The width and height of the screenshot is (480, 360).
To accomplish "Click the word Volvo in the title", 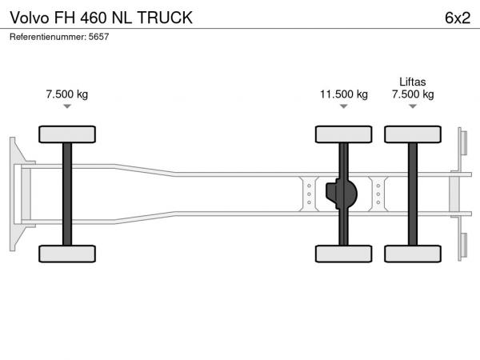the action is (x=30, y=18).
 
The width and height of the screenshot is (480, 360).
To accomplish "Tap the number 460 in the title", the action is (x=93, y=18).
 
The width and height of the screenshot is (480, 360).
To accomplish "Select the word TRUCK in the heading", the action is (x=165, y=18).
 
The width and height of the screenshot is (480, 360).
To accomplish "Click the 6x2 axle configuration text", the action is (x=458, y=18).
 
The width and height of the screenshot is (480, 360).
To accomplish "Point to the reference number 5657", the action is (x=98, y=37).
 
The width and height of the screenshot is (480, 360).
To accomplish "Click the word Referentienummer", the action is (x=48, y=37).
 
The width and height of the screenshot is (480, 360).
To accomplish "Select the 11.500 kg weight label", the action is (x=344, y=94).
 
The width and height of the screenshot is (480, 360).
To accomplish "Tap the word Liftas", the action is (x=413, y=82).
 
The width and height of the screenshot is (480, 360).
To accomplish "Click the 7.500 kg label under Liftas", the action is (x=413, y=94).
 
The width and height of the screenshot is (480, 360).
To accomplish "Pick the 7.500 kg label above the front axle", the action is (x=67, y=94).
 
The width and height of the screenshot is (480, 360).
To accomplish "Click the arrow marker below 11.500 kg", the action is (x=344, y=106).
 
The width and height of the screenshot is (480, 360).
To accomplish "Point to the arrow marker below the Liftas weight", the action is (x=413, y=106).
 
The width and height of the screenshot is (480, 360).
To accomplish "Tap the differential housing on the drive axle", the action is (x=342, y=194).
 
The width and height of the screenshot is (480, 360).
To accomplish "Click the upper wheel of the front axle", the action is (x=67, y=134).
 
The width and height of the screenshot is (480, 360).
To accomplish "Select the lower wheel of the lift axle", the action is (x=413, y=254).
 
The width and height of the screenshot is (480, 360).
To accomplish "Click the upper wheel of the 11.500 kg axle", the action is (x=344, y=134).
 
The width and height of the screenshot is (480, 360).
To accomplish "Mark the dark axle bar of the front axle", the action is (x=67, y=194).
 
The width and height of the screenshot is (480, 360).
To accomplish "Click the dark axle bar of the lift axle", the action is (x=413, y=194).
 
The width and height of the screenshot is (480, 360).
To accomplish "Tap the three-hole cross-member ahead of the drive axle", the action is (x=309, y=194).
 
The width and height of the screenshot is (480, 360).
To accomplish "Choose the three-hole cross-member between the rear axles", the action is (x=378, y=194).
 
